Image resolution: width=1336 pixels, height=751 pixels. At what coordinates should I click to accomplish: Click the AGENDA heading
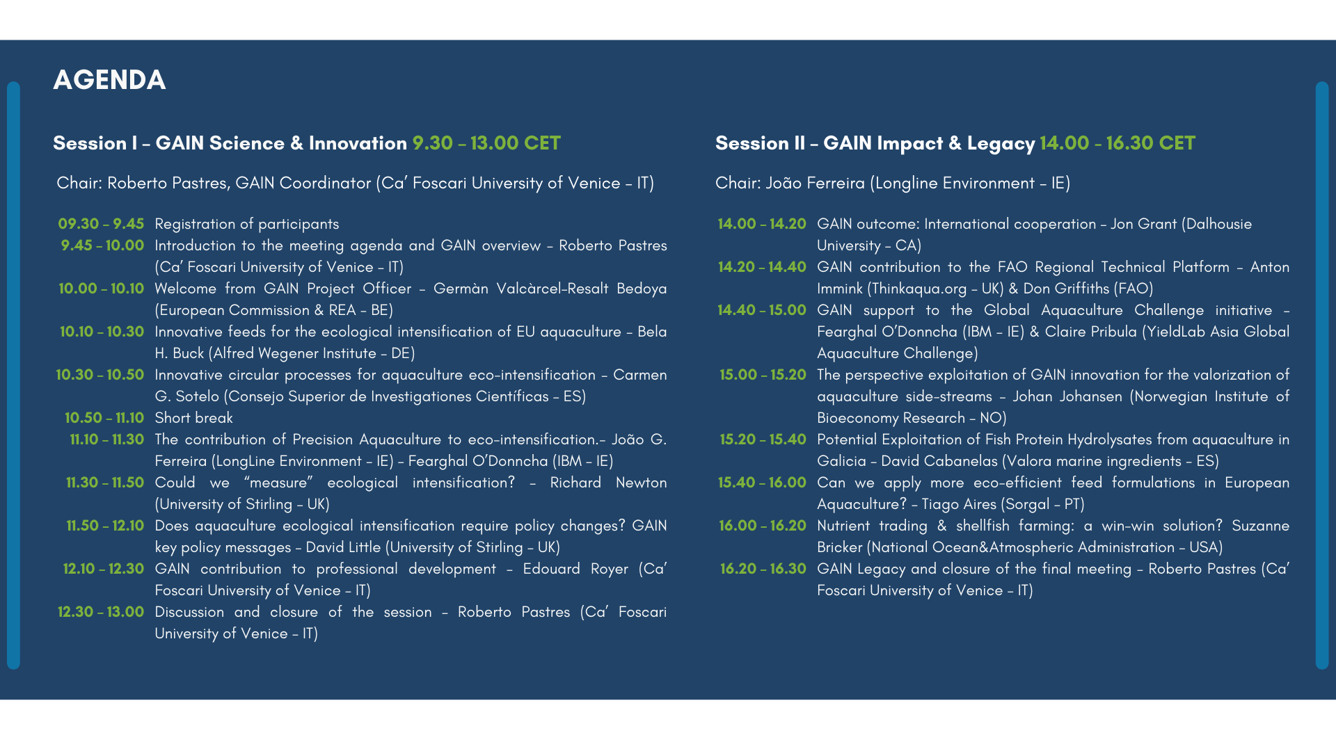[109, 80]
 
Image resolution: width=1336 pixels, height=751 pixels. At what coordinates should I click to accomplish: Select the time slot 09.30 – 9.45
[101, 224]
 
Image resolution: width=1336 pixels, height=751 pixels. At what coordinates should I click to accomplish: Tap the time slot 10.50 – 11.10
[104, 418]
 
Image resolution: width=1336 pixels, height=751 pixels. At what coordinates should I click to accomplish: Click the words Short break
[193, 418]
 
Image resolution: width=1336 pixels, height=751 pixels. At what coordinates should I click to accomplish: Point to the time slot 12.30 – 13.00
[101, 612]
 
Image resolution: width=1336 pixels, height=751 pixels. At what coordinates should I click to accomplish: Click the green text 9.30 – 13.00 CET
[486, 143]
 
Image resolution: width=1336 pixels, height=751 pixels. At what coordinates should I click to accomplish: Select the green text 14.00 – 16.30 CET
[1118, 143]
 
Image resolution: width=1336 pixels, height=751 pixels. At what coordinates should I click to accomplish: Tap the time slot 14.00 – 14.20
[762, 224]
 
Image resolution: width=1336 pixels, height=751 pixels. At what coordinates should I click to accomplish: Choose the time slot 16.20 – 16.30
[763, 569]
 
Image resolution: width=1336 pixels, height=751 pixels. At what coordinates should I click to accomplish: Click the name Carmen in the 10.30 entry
[639, 375]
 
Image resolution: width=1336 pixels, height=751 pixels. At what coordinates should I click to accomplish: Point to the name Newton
[641, 483]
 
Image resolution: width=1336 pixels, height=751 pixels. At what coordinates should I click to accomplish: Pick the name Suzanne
[1260, 526]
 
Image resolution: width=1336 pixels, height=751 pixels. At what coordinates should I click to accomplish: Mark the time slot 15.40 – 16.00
[762, 483]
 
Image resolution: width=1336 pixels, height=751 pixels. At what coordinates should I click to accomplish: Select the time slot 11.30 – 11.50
[105, 483]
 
